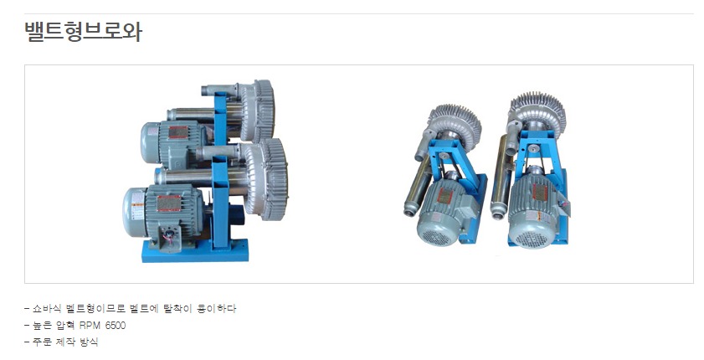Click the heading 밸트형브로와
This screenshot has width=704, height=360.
click(x=83, y=32)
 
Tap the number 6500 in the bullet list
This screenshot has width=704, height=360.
click(x=116, y=326)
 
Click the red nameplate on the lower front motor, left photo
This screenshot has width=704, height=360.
click(x=169, y=203)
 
